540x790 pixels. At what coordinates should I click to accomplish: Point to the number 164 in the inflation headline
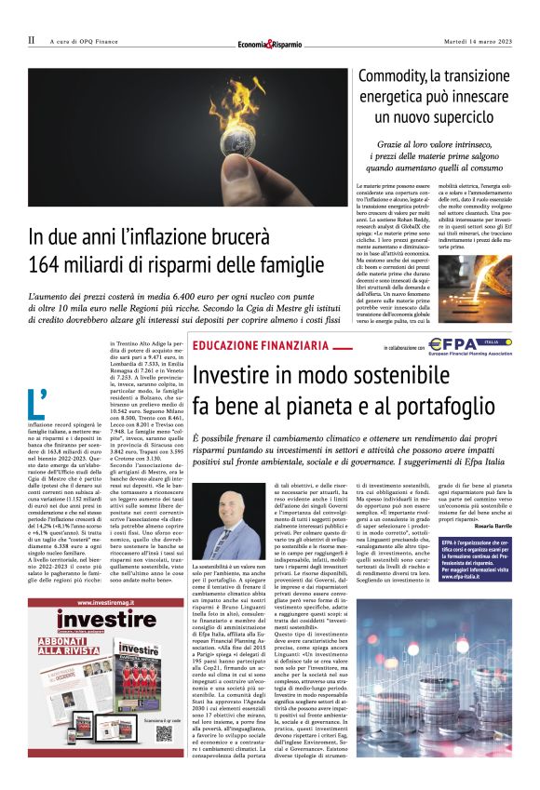[47, 262]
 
